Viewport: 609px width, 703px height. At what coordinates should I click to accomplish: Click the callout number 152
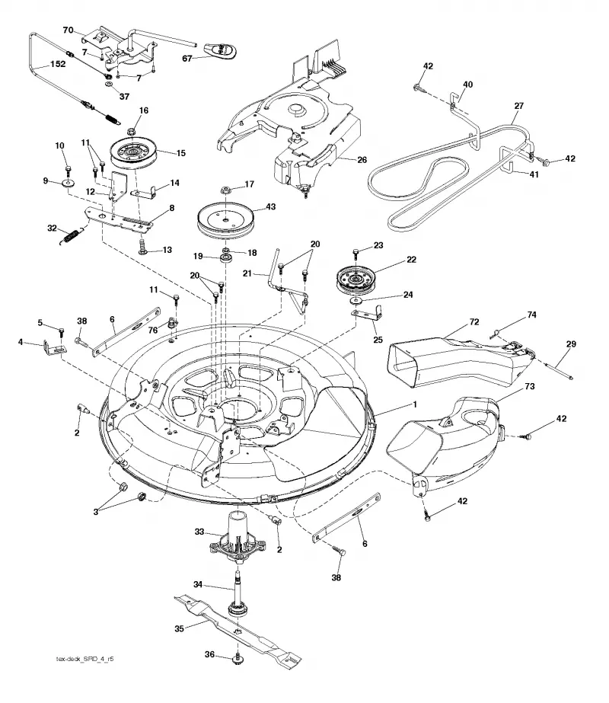58,64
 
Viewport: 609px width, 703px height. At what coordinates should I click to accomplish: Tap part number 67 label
187,59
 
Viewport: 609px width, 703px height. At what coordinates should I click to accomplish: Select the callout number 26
362,160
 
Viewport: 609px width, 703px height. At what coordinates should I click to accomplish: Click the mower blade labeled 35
237,629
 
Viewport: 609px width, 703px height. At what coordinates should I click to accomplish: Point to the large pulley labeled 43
226,221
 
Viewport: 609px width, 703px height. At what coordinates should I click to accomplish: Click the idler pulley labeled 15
133,153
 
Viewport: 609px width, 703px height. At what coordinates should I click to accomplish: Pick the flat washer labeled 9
69,184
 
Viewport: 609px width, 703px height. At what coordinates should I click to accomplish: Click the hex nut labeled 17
226,190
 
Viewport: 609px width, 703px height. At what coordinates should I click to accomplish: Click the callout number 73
530,386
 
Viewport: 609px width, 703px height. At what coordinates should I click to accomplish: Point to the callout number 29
571,344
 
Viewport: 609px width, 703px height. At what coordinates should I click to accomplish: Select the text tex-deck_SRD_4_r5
84,659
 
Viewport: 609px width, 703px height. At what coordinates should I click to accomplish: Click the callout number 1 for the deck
415,404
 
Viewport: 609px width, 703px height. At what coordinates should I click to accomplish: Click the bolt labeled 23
356,254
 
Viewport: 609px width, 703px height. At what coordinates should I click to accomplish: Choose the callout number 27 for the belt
519,106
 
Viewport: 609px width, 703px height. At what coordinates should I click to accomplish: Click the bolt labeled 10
68,171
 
